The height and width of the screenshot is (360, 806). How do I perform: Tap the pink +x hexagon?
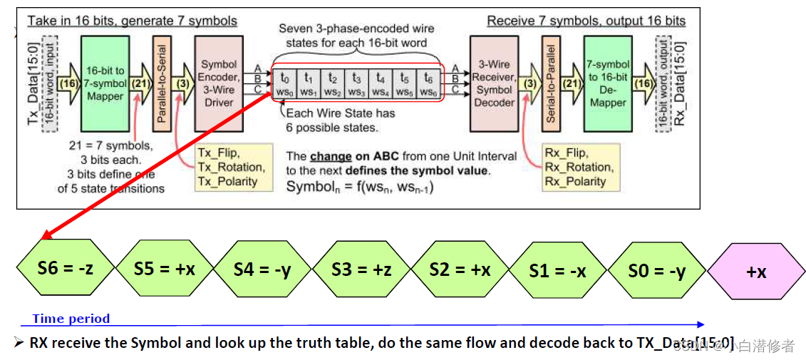756,271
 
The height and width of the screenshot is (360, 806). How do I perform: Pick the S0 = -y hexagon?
656,269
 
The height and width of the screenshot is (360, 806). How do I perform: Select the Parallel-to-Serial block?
161,83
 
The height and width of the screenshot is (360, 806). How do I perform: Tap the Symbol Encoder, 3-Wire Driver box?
219,83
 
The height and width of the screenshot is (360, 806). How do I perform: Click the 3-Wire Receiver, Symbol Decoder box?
495,83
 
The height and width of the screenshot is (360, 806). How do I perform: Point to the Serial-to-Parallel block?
550,83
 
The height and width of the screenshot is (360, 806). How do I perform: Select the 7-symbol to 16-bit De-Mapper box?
607,83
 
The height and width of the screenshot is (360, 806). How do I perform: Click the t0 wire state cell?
285,83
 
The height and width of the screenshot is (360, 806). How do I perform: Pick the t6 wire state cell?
428,83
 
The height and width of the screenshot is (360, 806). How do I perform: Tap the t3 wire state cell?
356,83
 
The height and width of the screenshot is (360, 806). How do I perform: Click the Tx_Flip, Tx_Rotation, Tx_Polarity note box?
232,168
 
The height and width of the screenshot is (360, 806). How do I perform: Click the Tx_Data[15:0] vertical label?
33,83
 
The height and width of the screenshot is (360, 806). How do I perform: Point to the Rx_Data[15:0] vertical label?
678,83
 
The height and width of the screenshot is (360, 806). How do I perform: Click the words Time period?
71,319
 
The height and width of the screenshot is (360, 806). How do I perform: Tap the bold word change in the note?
331,156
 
